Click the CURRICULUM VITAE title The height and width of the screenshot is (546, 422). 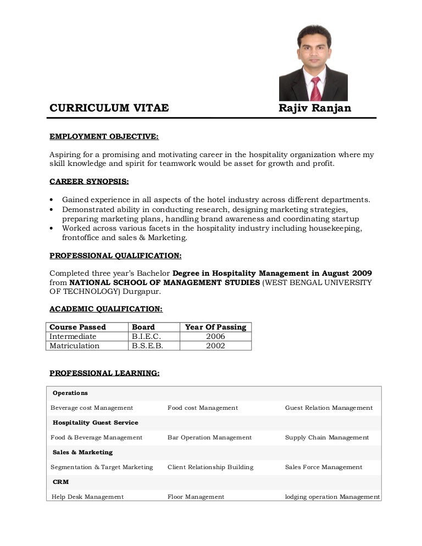pyautogui.click(x=109, y=108)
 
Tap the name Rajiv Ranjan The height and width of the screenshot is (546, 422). pyautogui.click(x=314, y=108)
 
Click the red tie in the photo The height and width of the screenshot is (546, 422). pyautogui.click(x=315, y=88)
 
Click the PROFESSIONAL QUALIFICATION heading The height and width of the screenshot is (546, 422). pyautogui.click(x=115, y=255)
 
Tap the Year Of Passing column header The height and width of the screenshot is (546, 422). pyautogui.click(x=215, y=327)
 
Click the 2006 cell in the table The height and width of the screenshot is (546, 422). pyautogui.click(x=215, y=336)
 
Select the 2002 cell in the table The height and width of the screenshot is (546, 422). pyautogui.click(x=215, y=346)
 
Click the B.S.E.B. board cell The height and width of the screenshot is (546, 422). pyautogui.click(x=147, y=346)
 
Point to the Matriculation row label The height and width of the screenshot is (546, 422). pyautogui.click(x=75, y=346)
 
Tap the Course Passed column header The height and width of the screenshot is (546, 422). pyautogui.click(x=77, y=327)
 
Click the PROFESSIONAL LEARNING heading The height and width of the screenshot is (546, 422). pyautogui.click(x=104, y=373)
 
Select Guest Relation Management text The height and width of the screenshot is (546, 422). pyautogui.click(x=329, y=408)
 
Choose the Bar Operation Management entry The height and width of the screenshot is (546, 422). pyautogui.click(x=209, y=437)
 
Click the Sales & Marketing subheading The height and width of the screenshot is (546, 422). pyautogui.click(x=82, y=452)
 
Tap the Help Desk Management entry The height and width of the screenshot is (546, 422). pyautogui.click(x=87, y=497)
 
